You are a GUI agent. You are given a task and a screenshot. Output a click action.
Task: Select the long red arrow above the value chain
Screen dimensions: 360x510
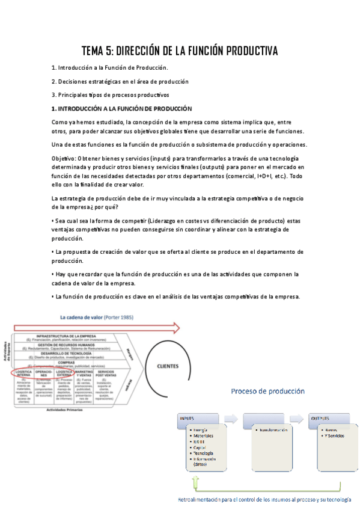[x=96, y=328]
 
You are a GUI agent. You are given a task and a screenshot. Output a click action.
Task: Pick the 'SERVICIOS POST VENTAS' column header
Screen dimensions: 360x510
[x=106, y=373]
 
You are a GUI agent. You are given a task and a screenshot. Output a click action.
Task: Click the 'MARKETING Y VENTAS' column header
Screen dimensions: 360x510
[x=84, y=373]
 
